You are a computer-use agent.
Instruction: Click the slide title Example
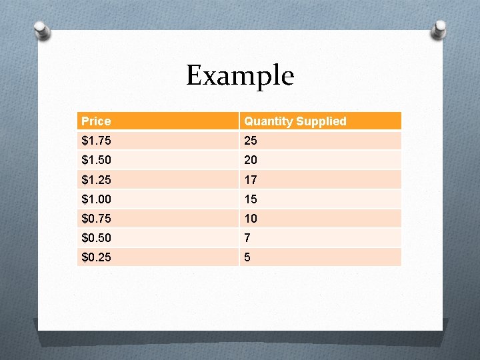239,75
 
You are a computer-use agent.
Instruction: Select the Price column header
96,121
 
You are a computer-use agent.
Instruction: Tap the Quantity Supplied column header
295,121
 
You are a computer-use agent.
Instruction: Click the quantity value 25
251,141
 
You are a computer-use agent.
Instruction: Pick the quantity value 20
251,161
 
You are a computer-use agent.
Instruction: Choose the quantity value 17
251,180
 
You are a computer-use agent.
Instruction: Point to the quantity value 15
251,199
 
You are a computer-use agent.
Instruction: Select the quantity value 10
251,219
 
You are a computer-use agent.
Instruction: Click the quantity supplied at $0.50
247,238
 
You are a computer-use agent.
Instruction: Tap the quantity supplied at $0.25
247,257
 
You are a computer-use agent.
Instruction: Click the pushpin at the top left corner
41,30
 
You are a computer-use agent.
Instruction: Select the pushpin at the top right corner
440,29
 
